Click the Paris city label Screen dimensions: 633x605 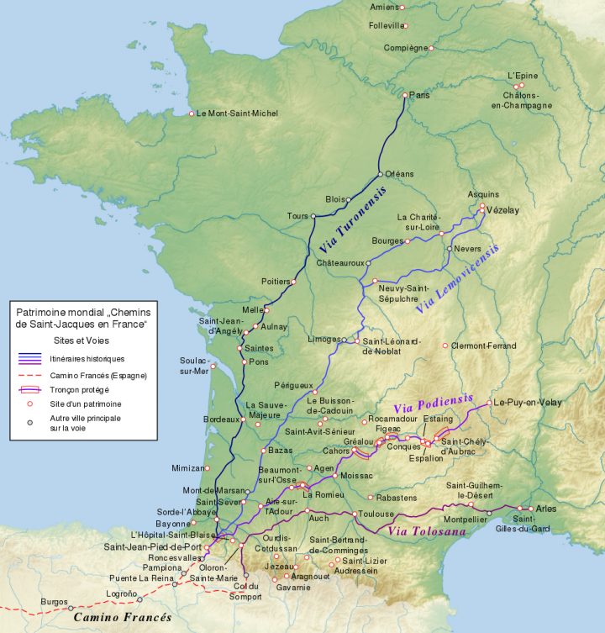(x=419, y=96)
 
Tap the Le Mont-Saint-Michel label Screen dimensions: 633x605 (x=237, y=113)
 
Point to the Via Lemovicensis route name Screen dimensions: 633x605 (x=457, y=280)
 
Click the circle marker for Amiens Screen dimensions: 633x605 (x=402, y=8)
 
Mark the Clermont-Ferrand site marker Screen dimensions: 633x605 (x=445, y=346)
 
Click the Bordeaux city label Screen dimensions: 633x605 (x=220, y=419)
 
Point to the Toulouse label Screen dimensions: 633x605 (x=376, y=514)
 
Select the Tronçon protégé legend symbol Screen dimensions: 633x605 (x=29, y=389)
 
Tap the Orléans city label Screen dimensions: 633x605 (x=400, y=174)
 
